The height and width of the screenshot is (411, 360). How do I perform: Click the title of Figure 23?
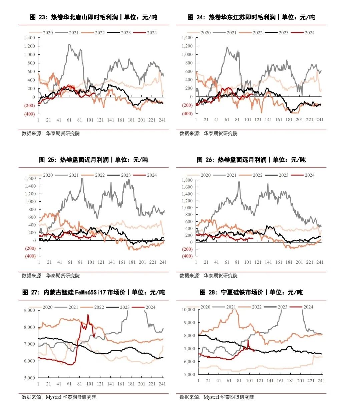coord(93,17)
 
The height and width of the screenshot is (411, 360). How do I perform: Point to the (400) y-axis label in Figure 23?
coord(29,114)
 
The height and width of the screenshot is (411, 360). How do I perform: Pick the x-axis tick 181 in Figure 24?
coord(289,120)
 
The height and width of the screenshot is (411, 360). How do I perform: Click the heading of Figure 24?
coord(251,17)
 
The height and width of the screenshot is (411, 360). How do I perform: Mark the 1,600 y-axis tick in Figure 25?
coord(30,178)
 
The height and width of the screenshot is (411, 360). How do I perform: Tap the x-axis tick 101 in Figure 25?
coord(91,262)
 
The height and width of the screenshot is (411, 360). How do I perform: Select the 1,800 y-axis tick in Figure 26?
coord(187,180)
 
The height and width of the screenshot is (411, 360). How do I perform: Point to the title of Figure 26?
coord(251,160)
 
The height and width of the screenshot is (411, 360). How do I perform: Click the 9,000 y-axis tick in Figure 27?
coord(29,311)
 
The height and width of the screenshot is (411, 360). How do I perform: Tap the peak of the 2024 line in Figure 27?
coord(88,315)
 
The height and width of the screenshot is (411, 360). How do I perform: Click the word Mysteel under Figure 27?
coord(54,397)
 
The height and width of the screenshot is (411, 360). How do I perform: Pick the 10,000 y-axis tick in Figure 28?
coord(189,310)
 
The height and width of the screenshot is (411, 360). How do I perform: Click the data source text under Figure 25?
coord(51,276)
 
